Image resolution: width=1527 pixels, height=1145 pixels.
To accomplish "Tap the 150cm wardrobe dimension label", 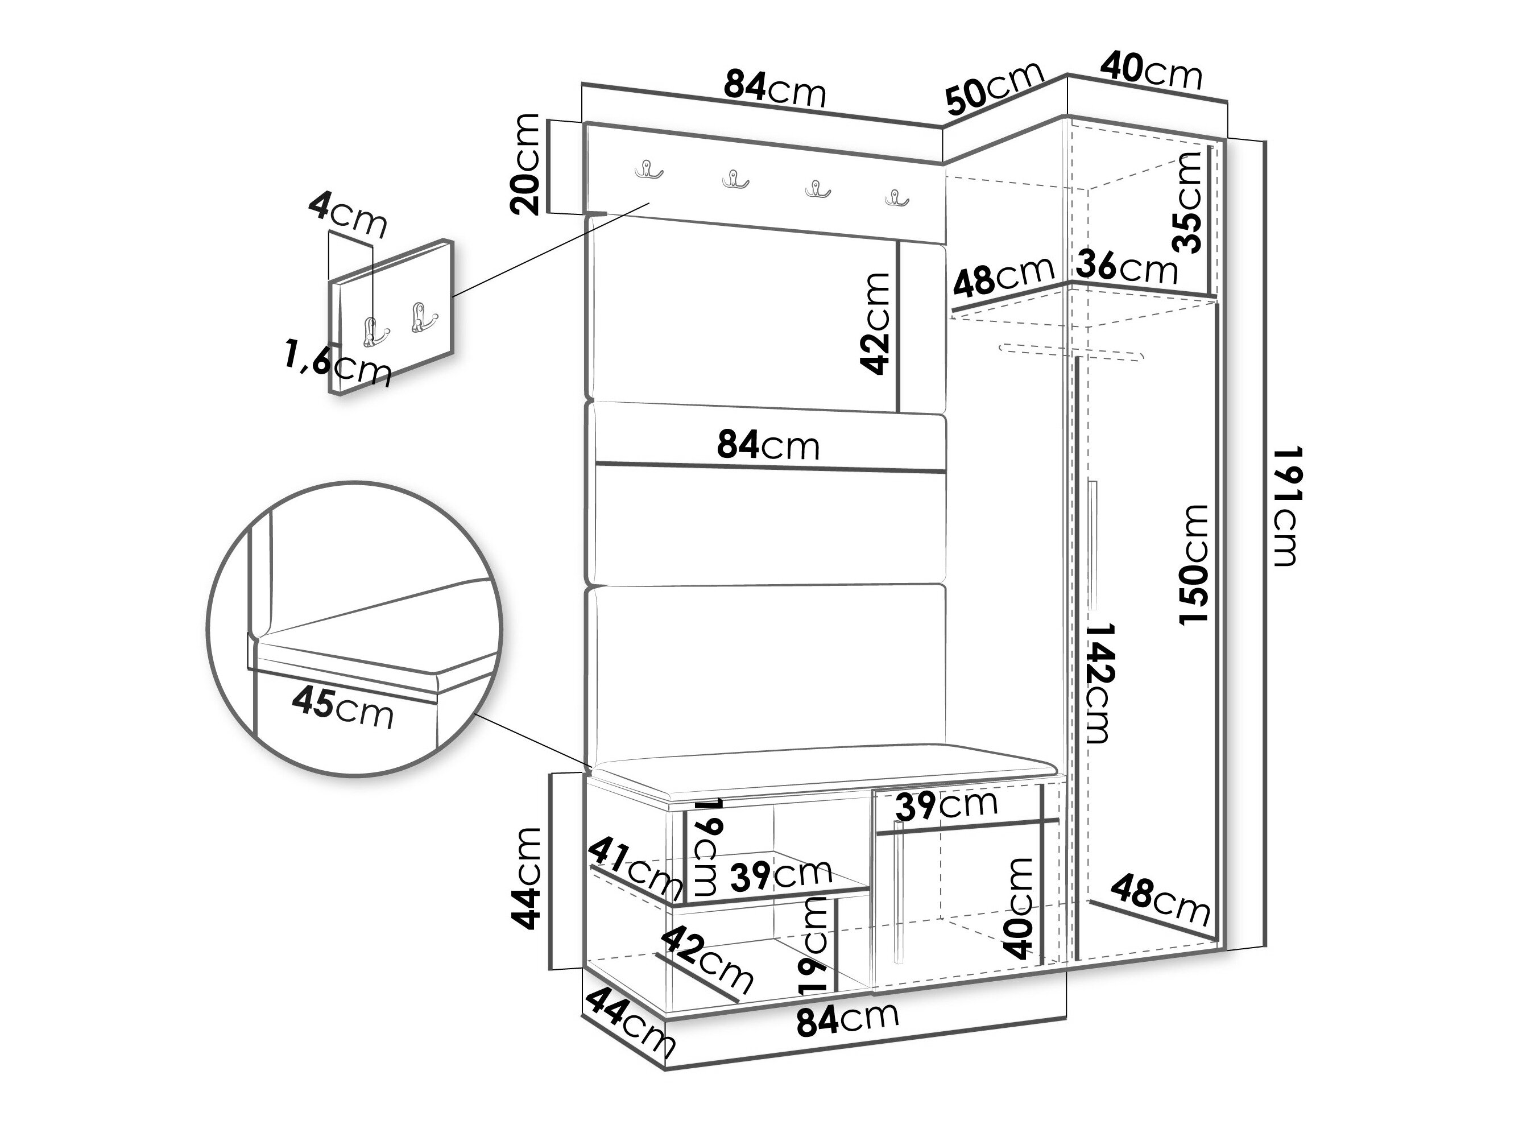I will (1194, 565).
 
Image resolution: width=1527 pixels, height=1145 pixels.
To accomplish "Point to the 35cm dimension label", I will (1189, 202).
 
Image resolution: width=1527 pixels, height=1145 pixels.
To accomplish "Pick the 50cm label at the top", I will (994, 88).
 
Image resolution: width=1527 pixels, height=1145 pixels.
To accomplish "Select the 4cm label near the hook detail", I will (347, 214).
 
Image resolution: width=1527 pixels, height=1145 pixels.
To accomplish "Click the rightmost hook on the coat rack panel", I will (897, 198).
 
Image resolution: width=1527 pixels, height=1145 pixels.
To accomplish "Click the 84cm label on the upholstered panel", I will (768, 445).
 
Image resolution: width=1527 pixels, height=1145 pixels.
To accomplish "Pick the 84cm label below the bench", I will (848, 1019).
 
